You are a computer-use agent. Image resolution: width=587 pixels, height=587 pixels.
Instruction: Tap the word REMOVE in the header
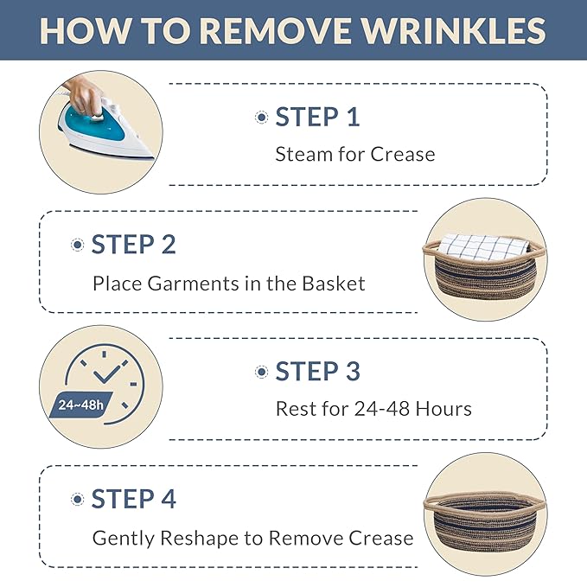coord(277,31)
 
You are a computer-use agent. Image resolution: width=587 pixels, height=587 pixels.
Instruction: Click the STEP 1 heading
coord(317,117)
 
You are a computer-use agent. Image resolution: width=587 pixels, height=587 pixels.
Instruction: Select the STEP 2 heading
coord(134,245)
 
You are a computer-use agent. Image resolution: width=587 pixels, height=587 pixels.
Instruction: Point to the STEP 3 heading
coord(317,372)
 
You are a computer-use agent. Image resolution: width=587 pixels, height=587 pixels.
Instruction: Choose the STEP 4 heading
coord(134,499)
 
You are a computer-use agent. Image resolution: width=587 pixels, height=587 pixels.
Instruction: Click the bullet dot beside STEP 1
coord(262,118)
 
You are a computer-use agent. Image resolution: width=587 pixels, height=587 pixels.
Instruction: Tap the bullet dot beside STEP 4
coord(78,500)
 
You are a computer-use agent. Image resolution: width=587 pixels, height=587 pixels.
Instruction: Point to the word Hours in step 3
coord(443,409)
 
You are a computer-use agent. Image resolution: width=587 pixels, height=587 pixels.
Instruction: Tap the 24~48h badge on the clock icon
coord(81,405)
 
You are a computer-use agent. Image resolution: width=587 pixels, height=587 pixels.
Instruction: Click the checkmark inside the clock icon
coord(107,374)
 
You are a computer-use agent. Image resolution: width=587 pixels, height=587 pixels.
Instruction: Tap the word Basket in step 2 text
coord(333,284)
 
